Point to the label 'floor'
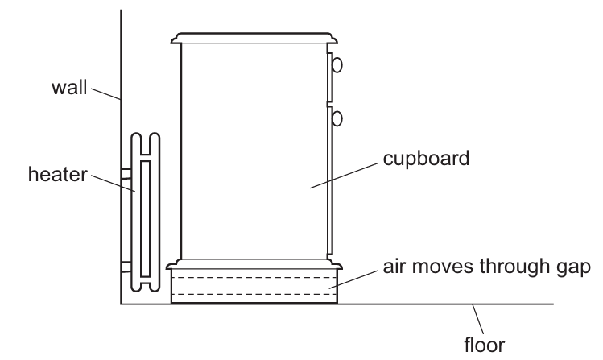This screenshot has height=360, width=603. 485,346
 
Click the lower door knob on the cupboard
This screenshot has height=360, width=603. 337,118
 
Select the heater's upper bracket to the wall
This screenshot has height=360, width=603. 125,173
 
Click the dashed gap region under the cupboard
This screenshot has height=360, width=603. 254,287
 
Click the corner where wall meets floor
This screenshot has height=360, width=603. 121,304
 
